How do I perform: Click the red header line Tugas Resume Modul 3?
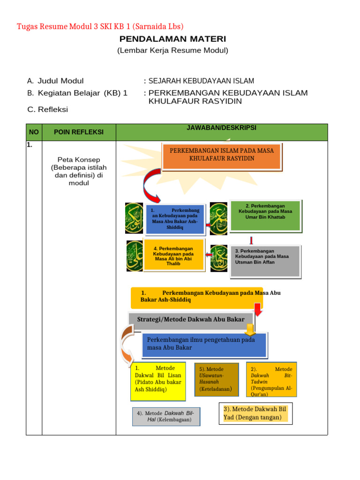point(100,26)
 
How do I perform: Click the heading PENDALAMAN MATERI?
point(172,39)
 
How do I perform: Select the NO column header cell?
point(34,132)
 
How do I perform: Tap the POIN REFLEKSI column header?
point(78,132)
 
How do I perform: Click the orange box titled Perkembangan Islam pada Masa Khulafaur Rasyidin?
point(222,156)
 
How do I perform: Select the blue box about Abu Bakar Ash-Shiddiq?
point(175,219)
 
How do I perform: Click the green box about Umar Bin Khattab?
point(265,215)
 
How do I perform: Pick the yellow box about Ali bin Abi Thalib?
point(173,255)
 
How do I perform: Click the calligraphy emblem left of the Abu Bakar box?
point(134,218)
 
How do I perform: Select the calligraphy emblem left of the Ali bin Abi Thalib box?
point(135,256)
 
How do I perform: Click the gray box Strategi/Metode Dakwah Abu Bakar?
point(191,320)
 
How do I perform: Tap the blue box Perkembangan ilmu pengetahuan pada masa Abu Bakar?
point(204,344)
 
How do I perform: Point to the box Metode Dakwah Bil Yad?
point(255,413)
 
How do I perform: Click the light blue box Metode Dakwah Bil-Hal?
point(166,416)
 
